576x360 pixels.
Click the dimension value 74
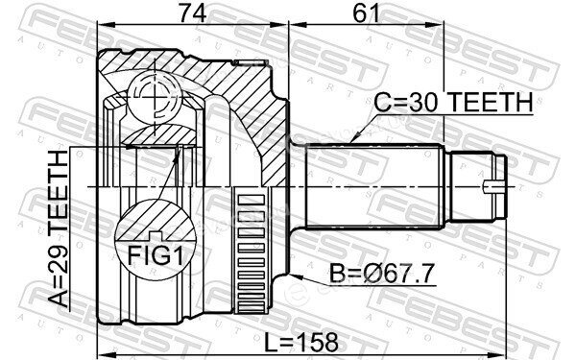point(193,12)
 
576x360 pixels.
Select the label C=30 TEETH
point(453,102)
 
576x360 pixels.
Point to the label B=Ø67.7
point(382,274)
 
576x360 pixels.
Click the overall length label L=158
point(301,342)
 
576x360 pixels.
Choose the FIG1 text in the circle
point(155,255)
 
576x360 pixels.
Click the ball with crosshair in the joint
point(155,97)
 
